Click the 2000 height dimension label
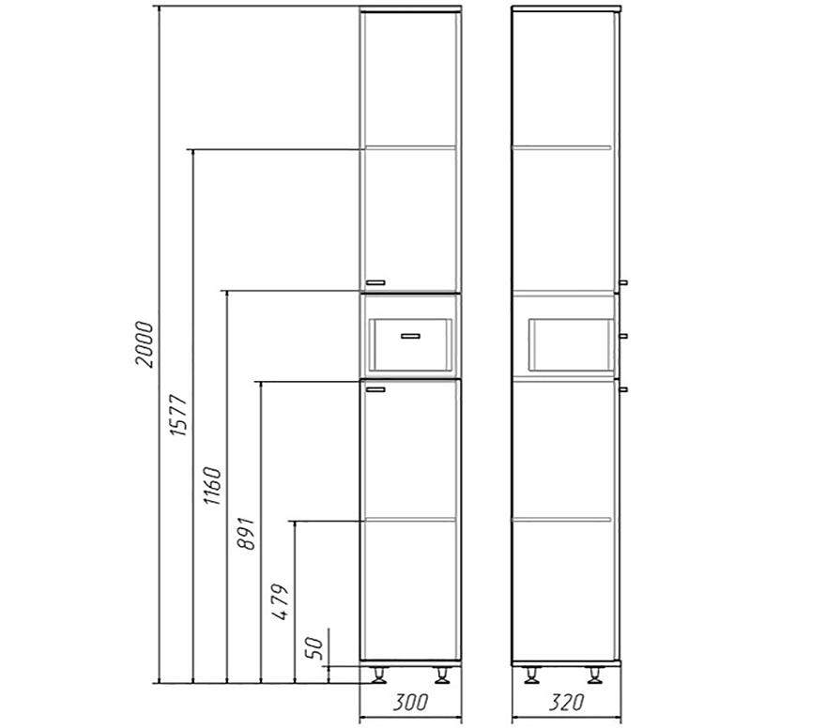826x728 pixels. click(x=145, y=344)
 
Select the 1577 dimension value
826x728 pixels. click(x=178, y=415)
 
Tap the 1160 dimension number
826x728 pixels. click(x=213, y=485)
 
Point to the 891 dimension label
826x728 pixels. click(x=247, y=534)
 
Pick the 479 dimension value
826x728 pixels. click(x=281, y=601)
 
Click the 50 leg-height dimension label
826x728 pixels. click(x=314, y=648)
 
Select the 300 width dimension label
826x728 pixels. click(x=410, y=702)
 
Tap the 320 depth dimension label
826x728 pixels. click(x=566, y=702)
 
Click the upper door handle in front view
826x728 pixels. click(x=375, y=282)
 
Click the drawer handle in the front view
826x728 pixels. click(x=410, y=336)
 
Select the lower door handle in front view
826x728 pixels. click(x=375, y=389)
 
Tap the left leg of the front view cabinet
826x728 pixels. click(x=379, y=675)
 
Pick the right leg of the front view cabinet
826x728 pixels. click(x=442, y=675)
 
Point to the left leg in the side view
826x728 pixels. click(x=532, y=675)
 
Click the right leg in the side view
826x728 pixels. click(x=595, y=675)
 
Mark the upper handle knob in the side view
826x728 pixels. click(x=623, y=282)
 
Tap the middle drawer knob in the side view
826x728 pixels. click(x=623, y=336)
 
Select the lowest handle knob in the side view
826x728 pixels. click(x=623, y=389)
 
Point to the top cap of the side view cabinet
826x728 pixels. click(x=566, y=9)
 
